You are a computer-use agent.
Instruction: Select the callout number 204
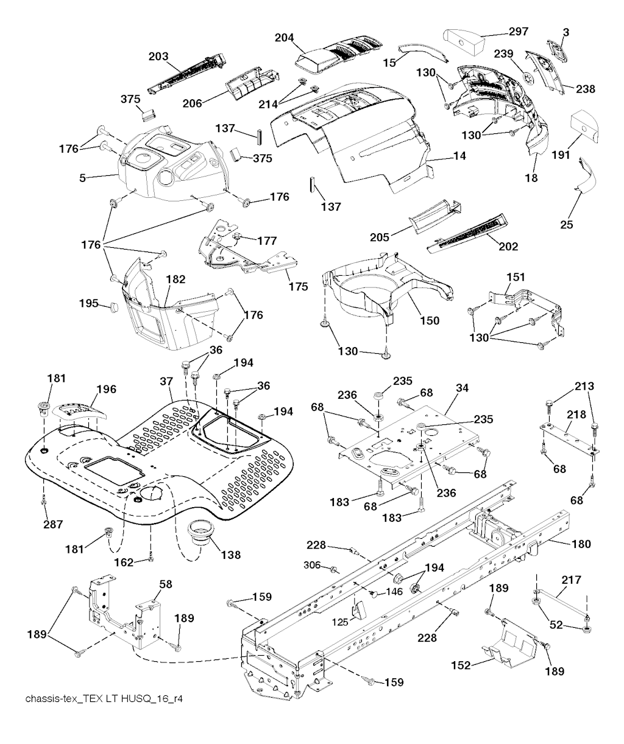coord(285,38)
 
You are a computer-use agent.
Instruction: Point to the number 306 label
coord(313,565)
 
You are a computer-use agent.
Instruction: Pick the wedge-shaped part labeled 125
coord(358,609)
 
